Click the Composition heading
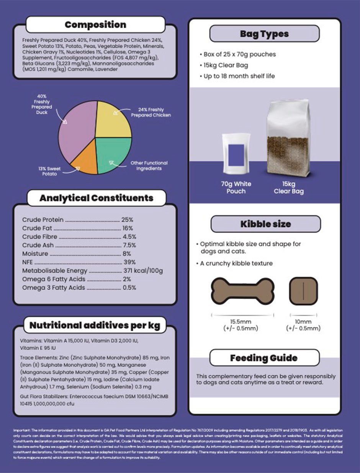95,25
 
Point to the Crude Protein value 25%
127,220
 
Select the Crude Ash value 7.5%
129,245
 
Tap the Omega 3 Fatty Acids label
54,288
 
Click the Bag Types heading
264,34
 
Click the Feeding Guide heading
263,358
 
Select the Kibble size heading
265,224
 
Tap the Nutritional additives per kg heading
95,326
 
